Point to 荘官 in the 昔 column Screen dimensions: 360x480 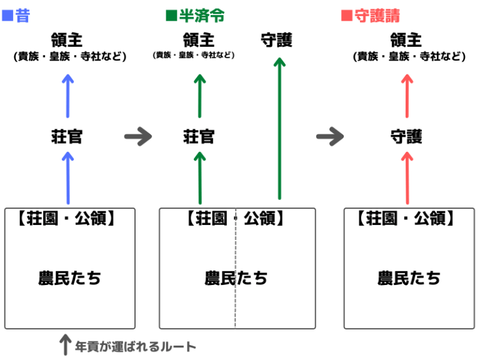[67, 137]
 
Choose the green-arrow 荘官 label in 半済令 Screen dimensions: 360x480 [199, 137]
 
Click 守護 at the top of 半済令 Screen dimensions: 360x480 [277, 41]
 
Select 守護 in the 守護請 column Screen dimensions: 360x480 [406, 137]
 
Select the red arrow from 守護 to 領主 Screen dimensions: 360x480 [407, 95]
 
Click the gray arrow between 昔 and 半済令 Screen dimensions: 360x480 [138, 137]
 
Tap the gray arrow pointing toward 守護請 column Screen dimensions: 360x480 [330, 137]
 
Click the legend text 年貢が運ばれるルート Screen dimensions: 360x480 [136, 346]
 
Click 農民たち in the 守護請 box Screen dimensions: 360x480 [409, 278]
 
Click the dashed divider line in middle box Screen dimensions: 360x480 [236, 300]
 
